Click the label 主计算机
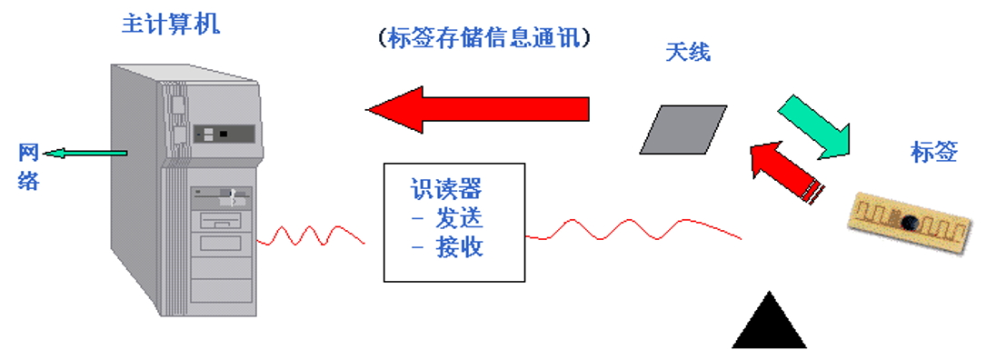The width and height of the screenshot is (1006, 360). pyautogui.click(x=170, y=24)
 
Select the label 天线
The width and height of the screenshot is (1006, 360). pyautogui.click(x=687, y=53)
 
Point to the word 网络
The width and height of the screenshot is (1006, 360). pyautogui.click(x=28, y=166)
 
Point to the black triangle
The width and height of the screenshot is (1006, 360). pyautogui.click(x=769, y=322)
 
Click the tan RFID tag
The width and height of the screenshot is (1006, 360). pyautogui.click(x=909, y=222)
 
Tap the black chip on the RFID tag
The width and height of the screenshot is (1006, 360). pyautogui.click(x=908, y=221)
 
